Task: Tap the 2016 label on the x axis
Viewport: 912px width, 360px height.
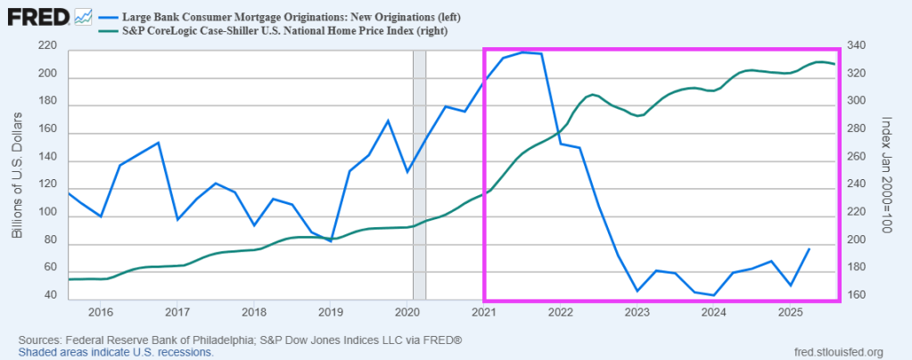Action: coord(100,313)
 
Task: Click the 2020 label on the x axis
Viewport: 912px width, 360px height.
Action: coord(407,313)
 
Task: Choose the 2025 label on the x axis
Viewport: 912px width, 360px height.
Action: coord(790,313)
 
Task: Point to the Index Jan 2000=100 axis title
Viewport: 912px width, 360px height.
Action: coord(886,174)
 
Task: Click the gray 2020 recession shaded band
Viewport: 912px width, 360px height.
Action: coord(419,178)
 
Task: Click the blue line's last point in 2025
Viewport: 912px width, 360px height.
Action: coord(809,249)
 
